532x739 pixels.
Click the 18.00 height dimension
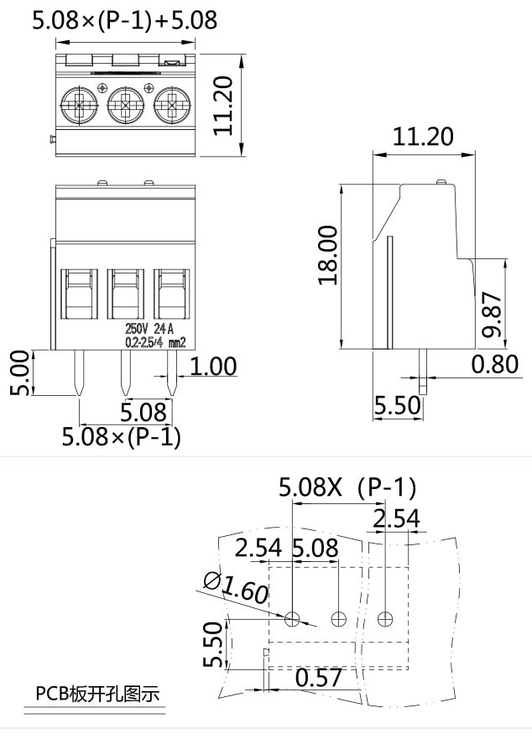pos(328,255)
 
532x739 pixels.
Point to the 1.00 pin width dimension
pos(212,367)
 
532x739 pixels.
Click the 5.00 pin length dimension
pos(18,373)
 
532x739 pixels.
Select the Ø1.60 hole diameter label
pos(236,588)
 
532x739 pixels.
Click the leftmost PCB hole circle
pos(292,619)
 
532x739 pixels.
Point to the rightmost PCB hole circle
pos(385,619)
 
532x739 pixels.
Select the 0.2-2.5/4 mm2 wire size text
pos(154,341)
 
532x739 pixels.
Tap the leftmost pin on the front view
pos(78,373)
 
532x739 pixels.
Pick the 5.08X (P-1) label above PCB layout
pos(347,487)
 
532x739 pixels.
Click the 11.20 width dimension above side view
pos(424,137)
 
